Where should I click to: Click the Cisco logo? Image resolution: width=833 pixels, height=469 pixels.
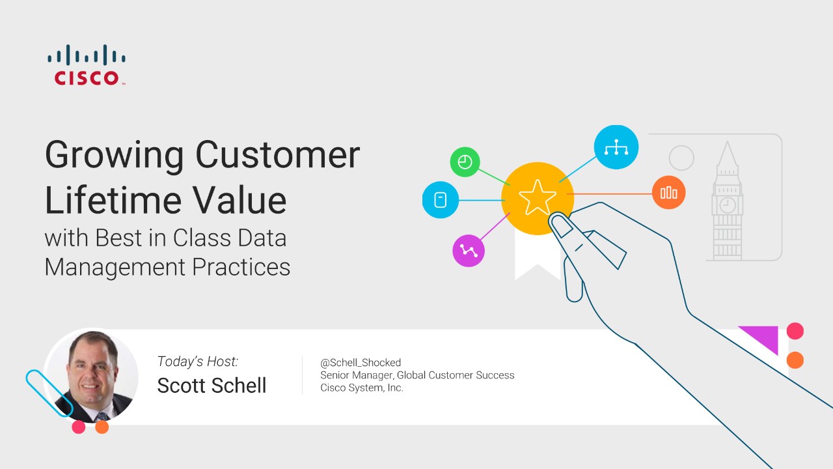(87, 64)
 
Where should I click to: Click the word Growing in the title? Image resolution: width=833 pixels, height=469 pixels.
(115, 156)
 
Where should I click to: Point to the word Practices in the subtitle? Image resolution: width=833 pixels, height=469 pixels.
(241, 267)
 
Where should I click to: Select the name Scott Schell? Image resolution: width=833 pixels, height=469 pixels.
(212, 385)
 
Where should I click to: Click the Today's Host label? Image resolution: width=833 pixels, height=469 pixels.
(197, 362)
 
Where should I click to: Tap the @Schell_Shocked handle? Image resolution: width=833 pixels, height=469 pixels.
(361, 363)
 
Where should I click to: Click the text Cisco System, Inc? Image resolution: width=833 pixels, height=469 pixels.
(362, 388)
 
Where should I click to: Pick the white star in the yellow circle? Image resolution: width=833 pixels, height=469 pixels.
(538, 197)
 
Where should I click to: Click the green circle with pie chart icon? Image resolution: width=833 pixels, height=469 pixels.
(465, 162)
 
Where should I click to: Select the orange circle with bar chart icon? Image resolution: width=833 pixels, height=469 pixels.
(668, 192)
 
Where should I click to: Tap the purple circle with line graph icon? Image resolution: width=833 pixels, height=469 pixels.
(469, 251)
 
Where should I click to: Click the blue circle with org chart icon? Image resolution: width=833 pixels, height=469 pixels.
(616, 147)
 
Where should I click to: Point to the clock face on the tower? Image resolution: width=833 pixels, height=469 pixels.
(728, 205)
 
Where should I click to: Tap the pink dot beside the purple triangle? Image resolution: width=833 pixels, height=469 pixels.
(795, 331)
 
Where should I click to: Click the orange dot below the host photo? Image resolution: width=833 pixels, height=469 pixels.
(102, 427)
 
